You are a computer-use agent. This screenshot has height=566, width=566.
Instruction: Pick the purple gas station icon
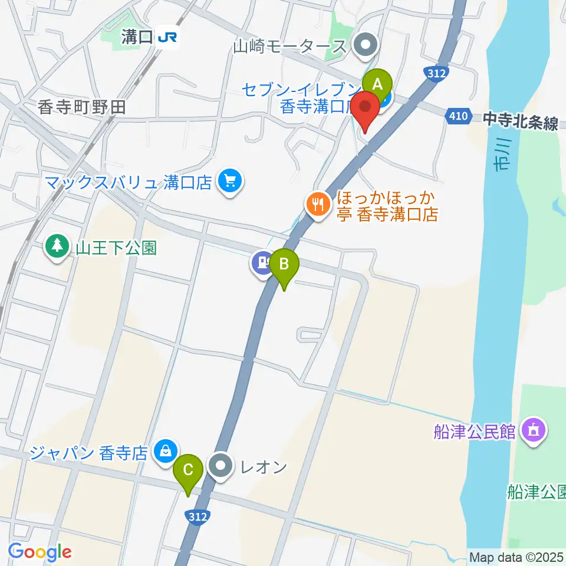point(262,261)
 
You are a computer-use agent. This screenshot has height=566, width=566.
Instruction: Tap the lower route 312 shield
point(199,517)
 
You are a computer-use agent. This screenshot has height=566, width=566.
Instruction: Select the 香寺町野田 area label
point(82,107)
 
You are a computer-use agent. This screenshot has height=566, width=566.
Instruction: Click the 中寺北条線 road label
point(520,123)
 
